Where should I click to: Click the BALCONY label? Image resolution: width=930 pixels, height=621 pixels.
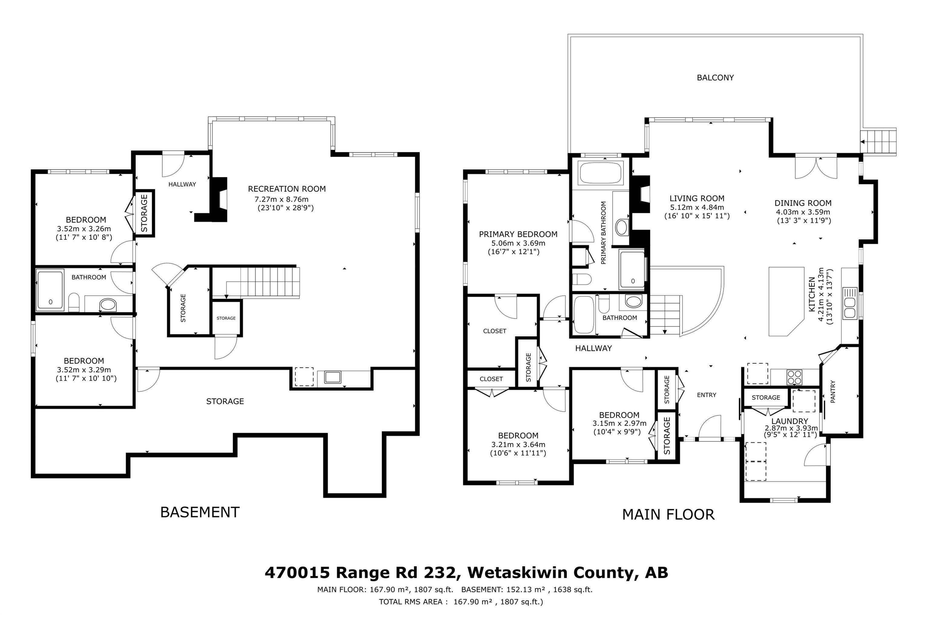[x=715, y=77]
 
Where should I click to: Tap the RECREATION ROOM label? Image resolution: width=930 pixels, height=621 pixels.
[x=287, y=189]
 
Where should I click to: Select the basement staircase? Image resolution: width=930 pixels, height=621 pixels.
[x=256, y=282]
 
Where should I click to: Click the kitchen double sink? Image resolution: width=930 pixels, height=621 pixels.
[x=850, y=303]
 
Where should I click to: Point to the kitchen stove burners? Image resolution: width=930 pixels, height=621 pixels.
[x=794, y=377]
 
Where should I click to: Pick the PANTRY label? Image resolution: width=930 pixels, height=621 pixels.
[x=833, y=392]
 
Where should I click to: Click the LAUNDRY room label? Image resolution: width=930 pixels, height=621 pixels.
[x=790, y=421]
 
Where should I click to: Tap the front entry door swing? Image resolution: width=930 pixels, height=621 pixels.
[x=709, y=427]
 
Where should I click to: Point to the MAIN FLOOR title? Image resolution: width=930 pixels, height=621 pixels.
[x=668, y=514]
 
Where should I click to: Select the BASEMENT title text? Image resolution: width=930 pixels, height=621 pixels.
[x=200, y=512]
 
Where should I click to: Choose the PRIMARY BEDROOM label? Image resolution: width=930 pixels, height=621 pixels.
[x=518, y=234]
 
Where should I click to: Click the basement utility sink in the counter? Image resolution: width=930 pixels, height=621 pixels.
[x=332, y=377]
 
